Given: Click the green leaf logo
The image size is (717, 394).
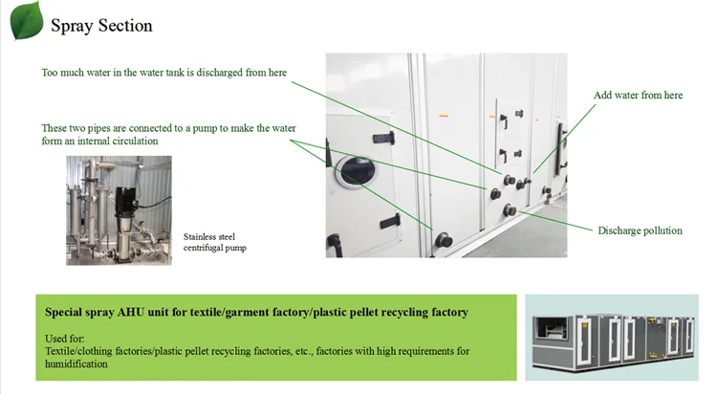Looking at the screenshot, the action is point(26,20).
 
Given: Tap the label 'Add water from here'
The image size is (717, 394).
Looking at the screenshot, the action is point(639,96).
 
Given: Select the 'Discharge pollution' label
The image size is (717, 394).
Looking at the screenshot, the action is point(640,230).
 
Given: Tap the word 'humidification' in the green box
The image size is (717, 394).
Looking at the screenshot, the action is point(76,363).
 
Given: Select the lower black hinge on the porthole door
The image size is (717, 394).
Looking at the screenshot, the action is point(389,221).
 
